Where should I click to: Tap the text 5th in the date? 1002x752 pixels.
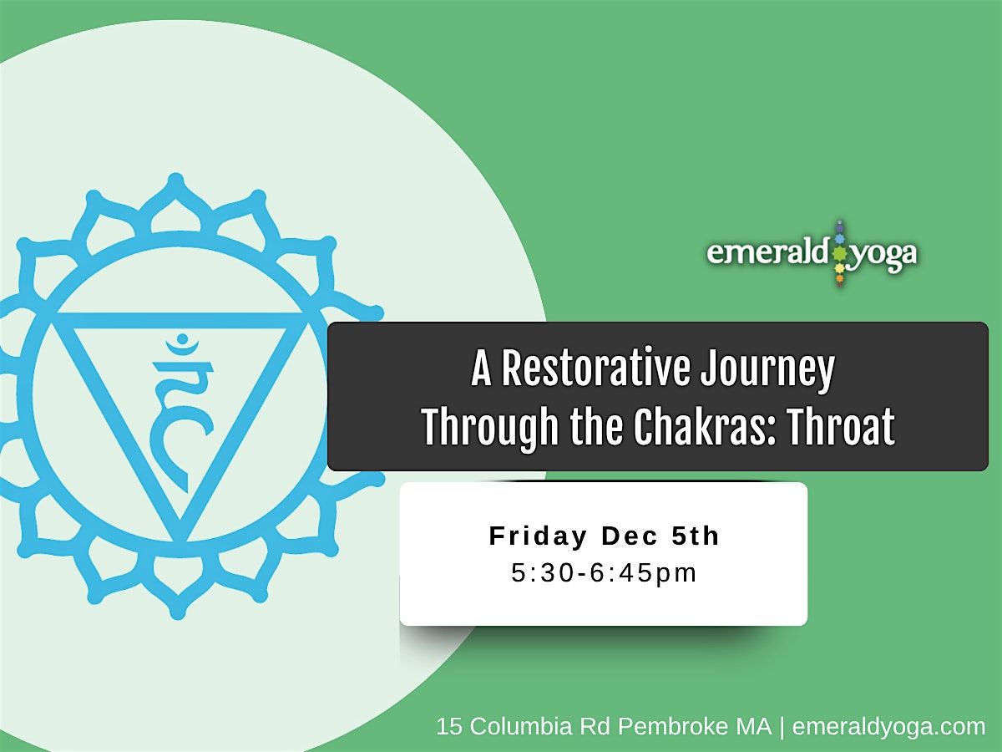[x=696, y=536]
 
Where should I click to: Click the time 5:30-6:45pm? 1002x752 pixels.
[x=604, y=574]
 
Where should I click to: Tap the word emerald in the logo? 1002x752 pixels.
[x=767, y=254]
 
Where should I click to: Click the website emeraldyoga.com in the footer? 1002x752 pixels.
[x=888, y=727]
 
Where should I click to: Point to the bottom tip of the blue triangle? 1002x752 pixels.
[x=178, y=536]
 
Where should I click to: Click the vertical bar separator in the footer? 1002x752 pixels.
[x=782, y=727]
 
